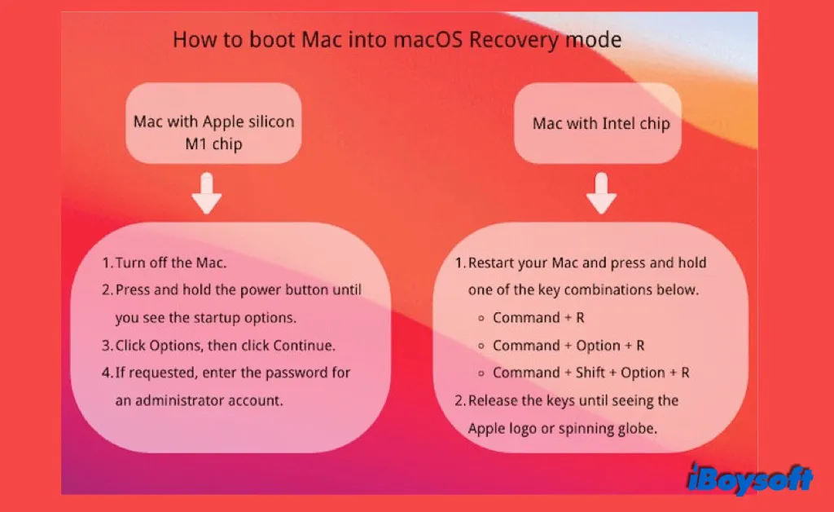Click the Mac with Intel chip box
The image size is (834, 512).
pyautogui.click(x=601, y=124)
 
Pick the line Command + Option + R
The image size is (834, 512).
pyautogui.click(x=568, y=346)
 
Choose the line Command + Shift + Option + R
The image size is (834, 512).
pyautogui.click(x=591, y=373)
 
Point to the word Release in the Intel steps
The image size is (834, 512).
pyautogui.click(x=494, y=400)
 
